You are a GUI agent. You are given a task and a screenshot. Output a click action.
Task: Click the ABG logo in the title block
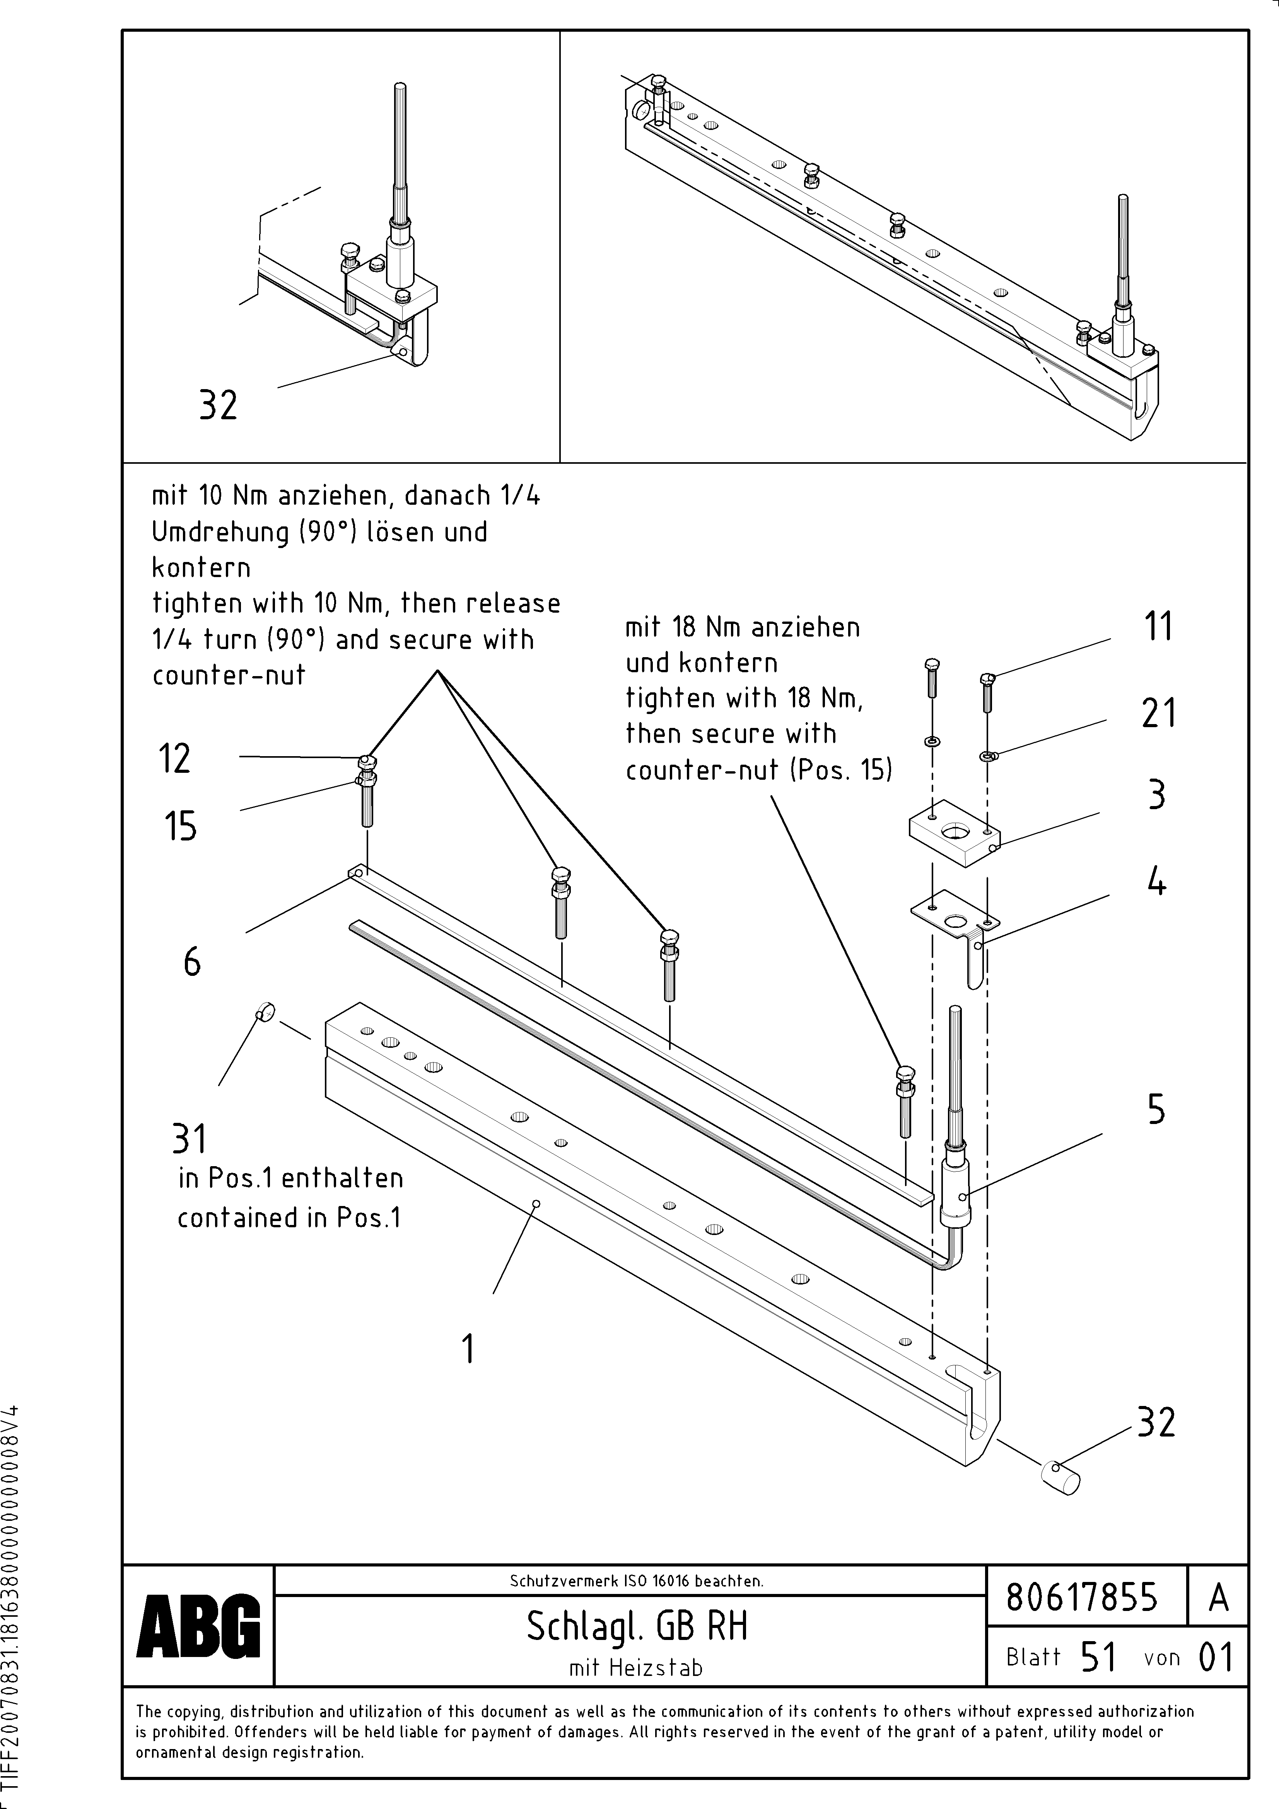(198, 1625)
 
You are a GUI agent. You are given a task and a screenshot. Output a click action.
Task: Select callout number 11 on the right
(1158, 627)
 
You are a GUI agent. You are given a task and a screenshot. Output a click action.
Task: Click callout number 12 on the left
(175, 759)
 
